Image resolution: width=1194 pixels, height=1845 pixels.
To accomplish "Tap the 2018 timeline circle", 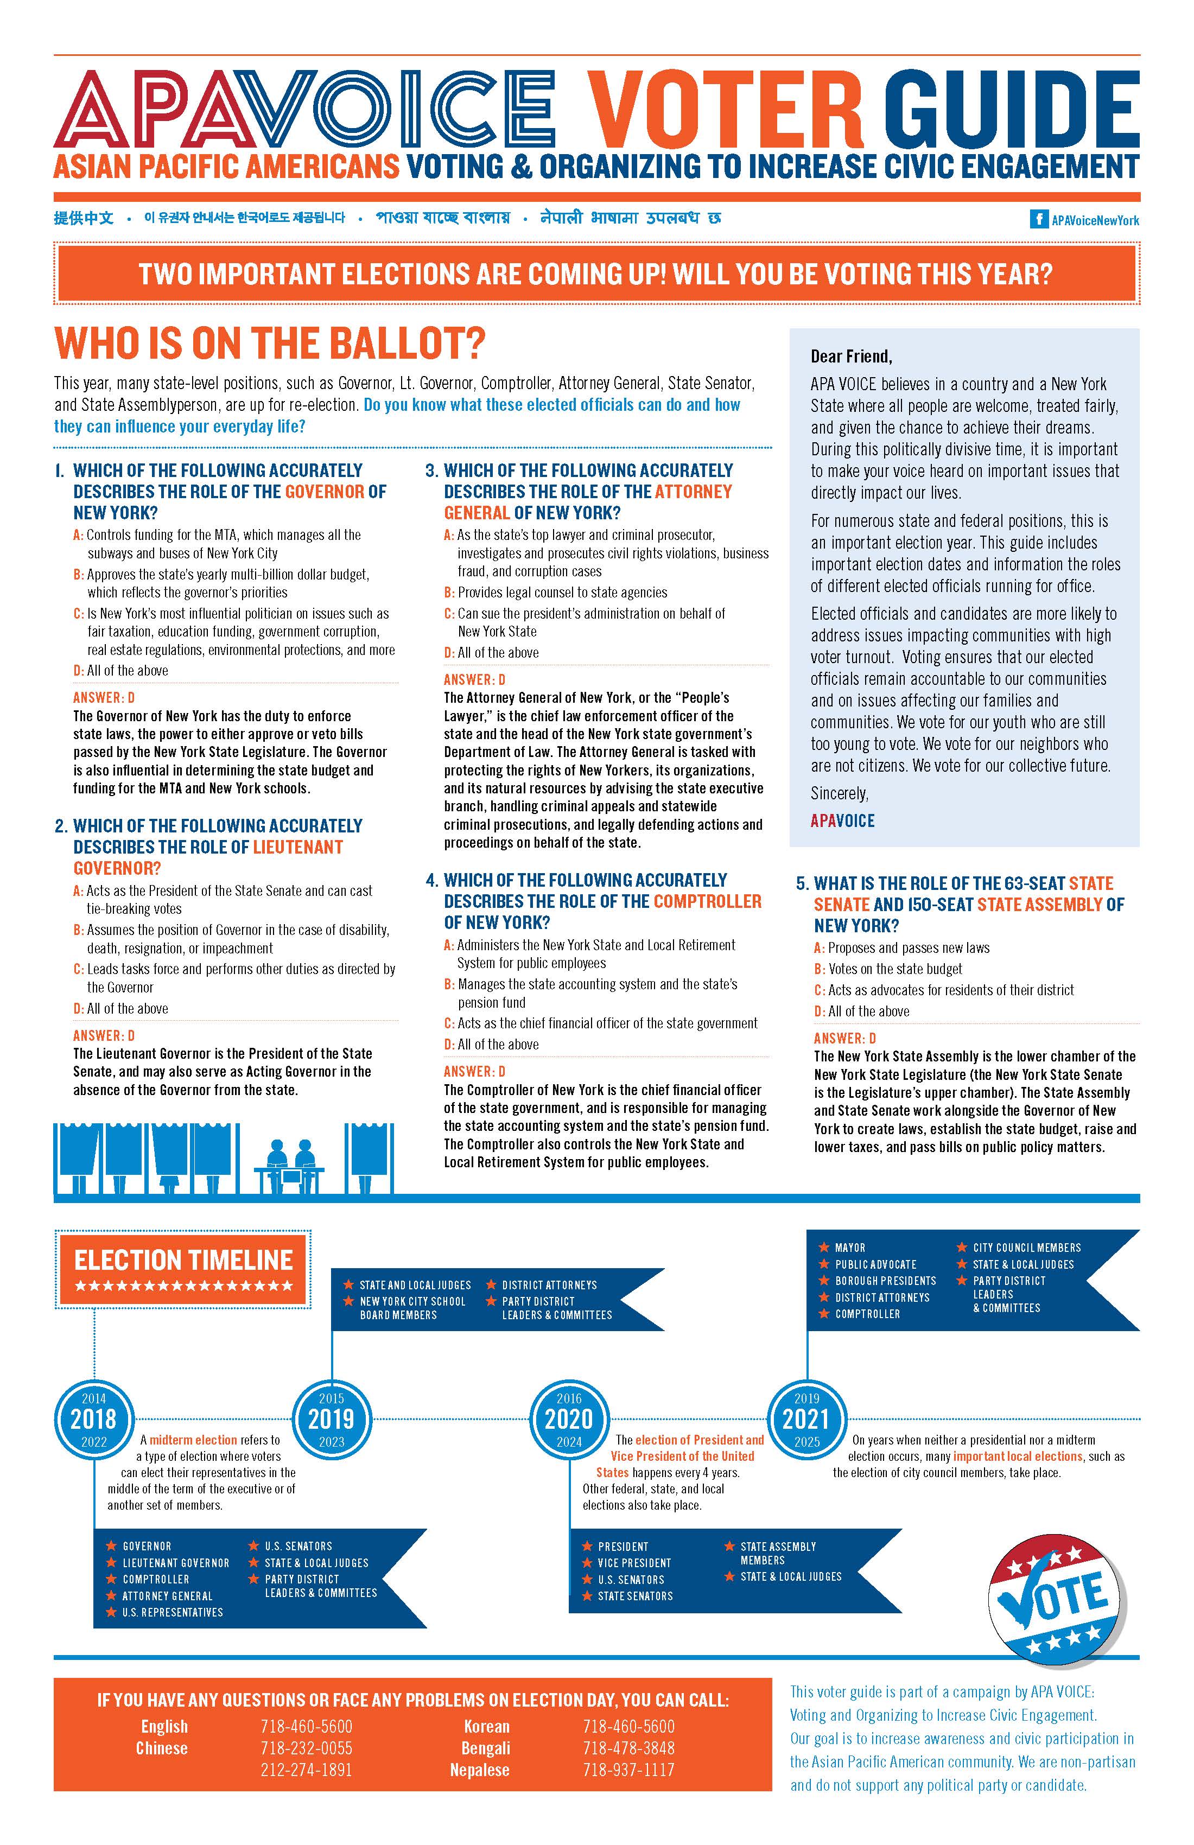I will (x=94, y=1420).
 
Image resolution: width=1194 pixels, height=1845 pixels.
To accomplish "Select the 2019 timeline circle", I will (x=331, y=1420).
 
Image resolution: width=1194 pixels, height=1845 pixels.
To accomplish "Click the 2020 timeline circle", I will (x=569, y=1420).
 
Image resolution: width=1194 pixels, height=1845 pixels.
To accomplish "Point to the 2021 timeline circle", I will (x=806, y=1420).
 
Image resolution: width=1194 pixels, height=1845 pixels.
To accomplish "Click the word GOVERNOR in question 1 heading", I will (x=324, y=492).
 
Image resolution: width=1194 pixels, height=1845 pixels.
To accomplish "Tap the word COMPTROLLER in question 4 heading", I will (x=707, y=901).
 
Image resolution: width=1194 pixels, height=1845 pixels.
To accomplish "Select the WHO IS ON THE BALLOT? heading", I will (x=270, y=343).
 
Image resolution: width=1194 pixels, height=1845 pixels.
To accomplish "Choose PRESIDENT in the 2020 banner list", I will (x=623, y=1546).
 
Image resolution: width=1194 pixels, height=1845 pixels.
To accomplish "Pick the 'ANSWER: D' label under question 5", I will (x=844, y=1038).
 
